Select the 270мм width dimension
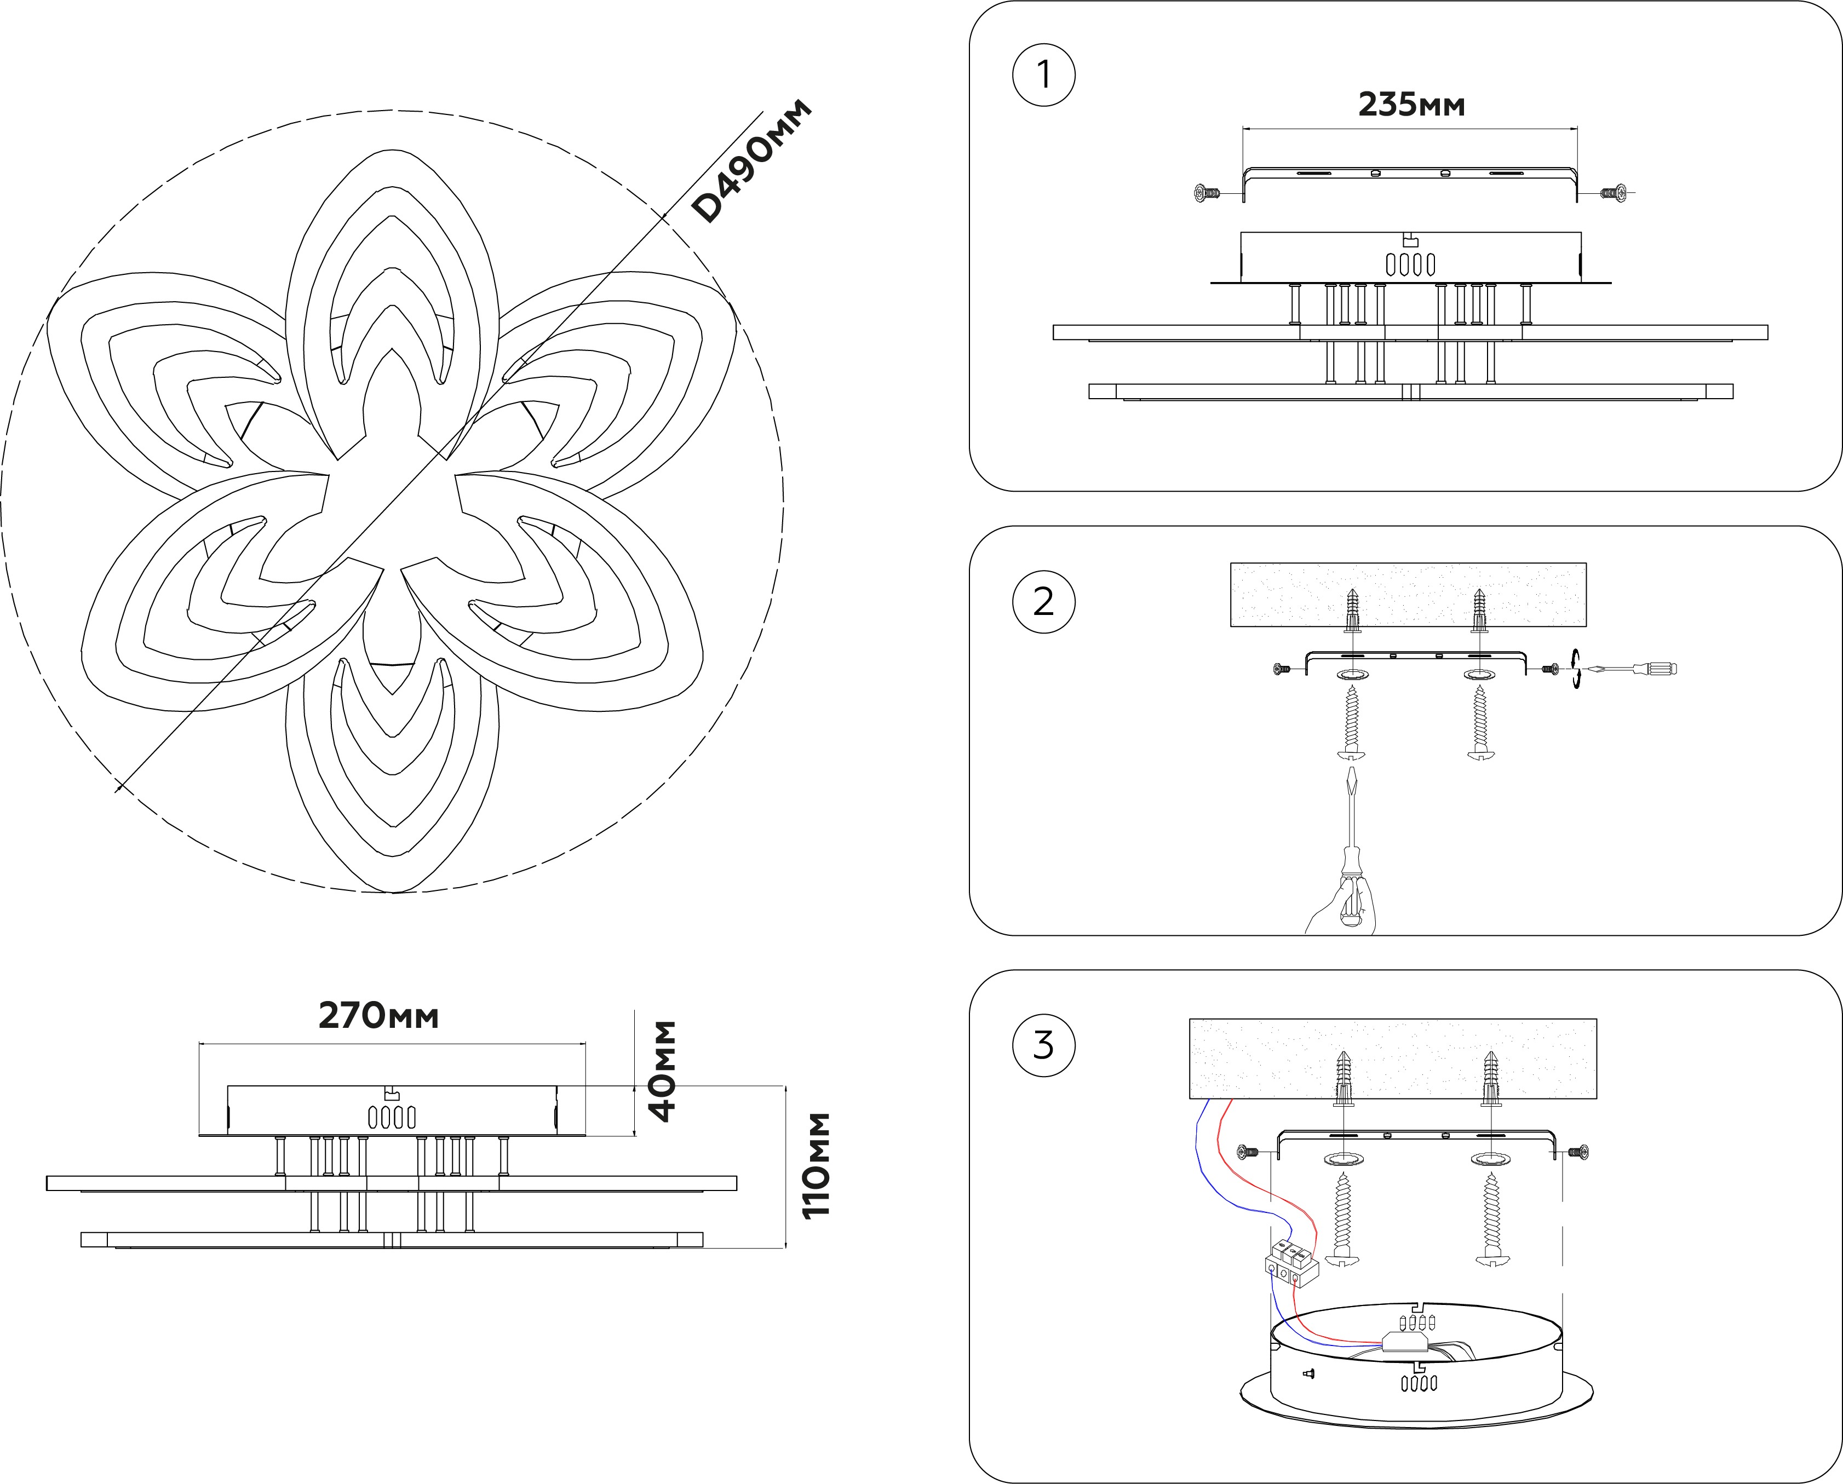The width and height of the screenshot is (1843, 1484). [378, 1016]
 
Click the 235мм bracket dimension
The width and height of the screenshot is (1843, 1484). [1411, 104]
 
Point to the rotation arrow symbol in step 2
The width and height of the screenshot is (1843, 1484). [1575, 669]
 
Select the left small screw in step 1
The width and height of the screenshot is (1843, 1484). [1206, 194]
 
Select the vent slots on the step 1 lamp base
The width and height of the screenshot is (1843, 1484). [1410, 265]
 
